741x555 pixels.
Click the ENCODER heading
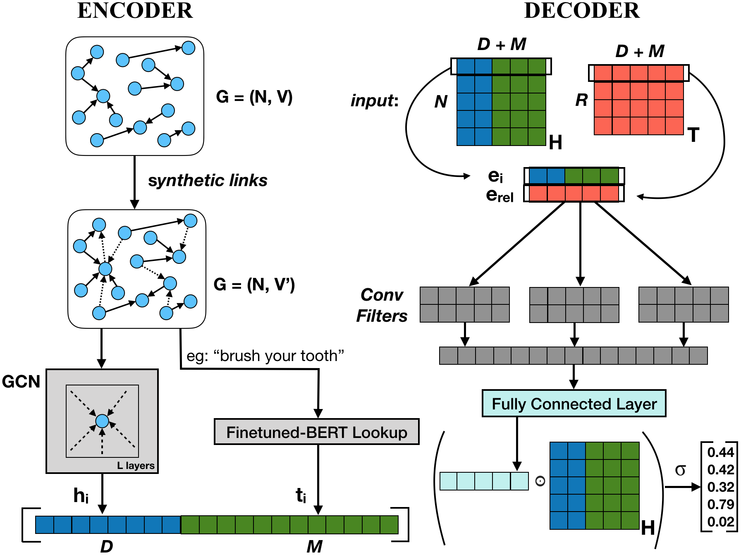tap(135, 11)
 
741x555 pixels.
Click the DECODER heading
tap(582, 11)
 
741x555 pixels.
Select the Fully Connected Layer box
tap(574, 404)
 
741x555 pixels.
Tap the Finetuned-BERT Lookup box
tap(317, 432)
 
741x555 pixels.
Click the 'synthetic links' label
tap(208, 181)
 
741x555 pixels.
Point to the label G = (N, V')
tap(254, 285)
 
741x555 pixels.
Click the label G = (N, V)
tap(254, 97)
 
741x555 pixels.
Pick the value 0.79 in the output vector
tap(721, 505)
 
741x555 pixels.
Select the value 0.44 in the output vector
tap(721, 452)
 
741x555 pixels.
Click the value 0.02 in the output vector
tap(721, 522)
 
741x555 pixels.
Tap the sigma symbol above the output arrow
tap(680, 470)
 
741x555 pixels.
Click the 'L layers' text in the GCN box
tap(136, 466)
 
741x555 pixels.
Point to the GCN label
tap(21, 381)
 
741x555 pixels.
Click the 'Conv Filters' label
tap(382, 306)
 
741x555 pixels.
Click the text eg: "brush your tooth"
tap(265, 356)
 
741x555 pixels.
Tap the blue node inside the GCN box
tap(102, 421)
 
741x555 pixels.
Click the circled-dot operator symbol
tap(540, 481)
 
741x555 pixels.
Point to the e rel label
tap(500, 195)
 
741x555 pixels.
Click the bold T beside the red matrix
tap(693, 135)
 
